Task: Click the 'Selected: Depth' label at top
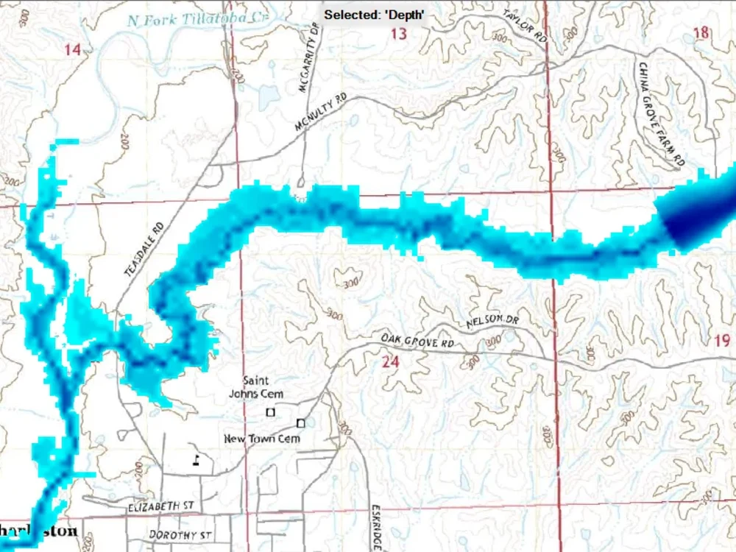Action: click(x=375, y=15)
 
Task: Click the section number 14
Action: click(x=72, y=50)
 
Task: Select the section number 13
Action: click(x=398, y=34)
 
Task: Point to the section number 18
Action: click(x=701, y=32)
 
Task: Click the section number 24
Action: click(x=390, y=361)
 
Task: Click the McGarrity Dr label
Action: click(x=308, y=57)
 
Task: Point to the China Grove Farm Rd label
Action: click(x=662, y=114)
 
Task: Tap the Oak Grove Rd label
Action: click(x=417, y=341)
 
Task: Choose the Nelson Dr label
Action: click(x=492, y=321)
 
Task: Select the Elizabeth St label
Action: click(x=160, y=506)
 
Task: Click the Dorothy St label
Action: click(x=180, y=534)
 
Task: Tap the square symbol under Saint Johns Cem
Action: click(x=270, y=412)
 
